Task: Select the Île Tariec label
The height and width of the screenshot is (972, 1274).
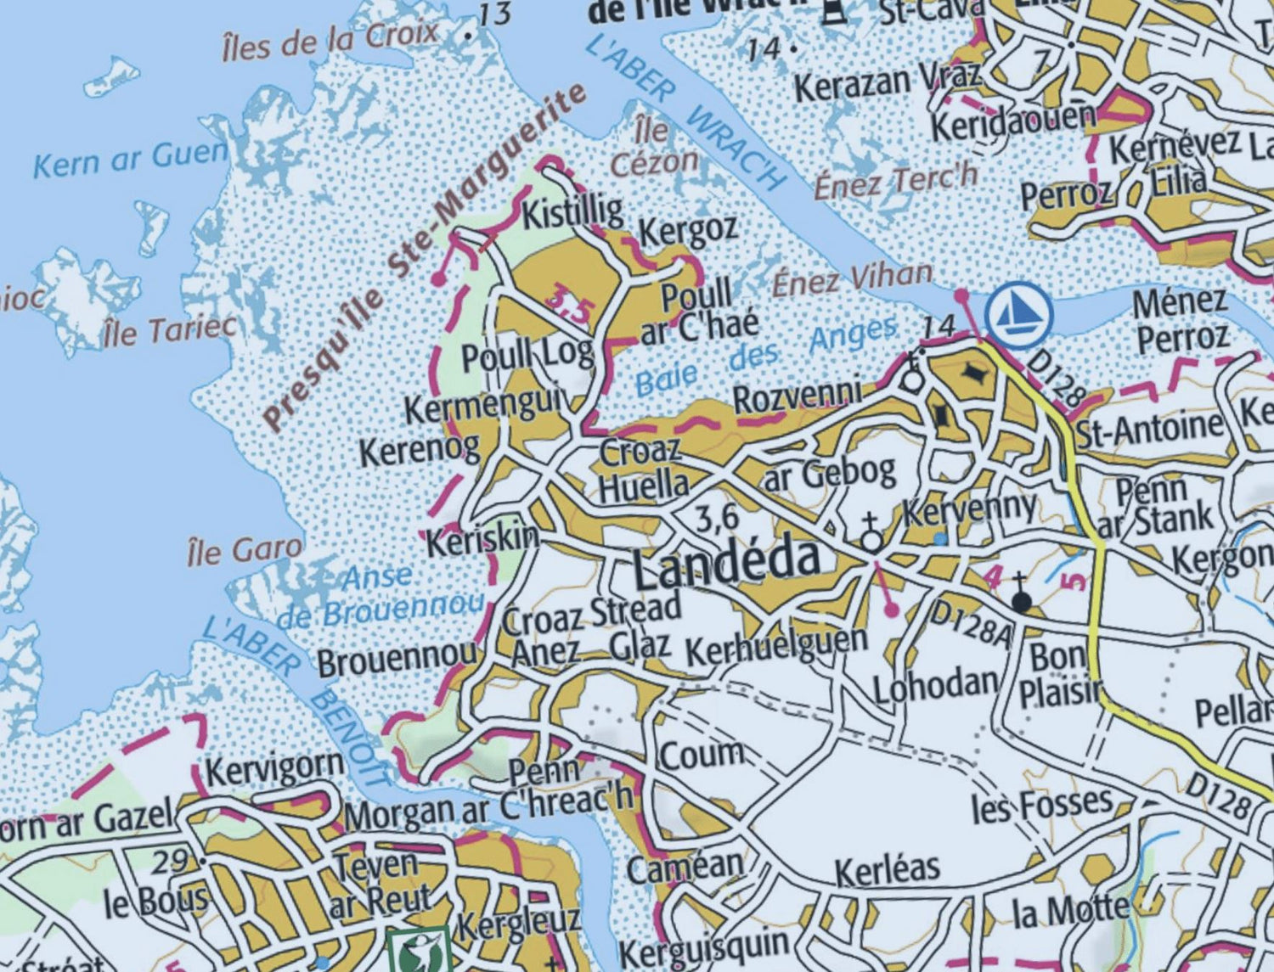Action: (169, 330)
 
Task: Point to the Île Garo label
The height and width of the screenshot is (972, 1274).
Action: (245, 552)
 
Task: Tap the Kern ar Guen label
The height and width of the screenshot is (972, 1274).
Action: (130, 159)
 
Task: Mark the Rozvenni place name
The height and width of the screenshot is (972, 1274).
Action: (797, 396)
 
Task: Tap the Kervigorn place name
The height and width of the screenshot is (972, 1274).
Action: (274, 771)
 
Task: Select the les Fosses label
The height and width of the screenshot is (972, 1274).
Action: (1041, 804)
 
